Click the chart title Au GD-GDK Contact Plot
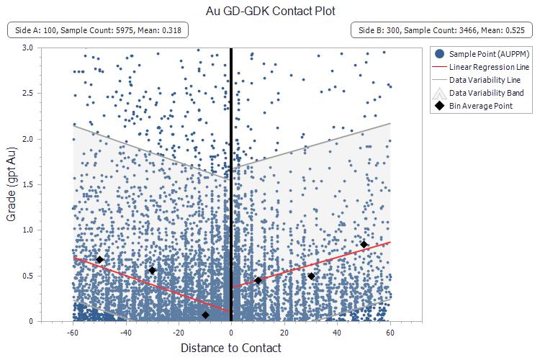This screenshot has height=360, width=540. (x=270, y=11)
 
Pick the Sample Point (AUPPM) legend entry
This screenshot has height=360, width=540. (x=484, y=53)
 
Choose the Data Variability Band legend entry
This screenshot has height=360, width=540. (x=484, y=93)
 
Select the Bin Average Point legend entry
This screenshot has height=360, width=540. (x=481, y=107)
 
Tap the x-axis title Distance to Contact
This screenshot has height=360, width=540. (x=231, y=348)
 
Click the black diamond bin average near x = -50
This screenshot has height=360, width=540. (x=99, y=259)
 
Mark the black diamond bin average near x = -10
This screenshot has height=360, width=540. (x=205, y=315)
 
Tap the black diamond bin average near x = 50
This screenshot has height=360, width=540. (x=364, y=245)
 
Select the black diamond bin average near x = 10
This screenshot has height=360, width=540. (x=258, y=280)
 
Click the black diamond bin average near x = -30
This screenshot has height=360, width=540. (x=152, y=271)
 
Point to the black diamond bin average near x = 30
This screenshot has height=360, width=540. (x=311, y=276)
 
